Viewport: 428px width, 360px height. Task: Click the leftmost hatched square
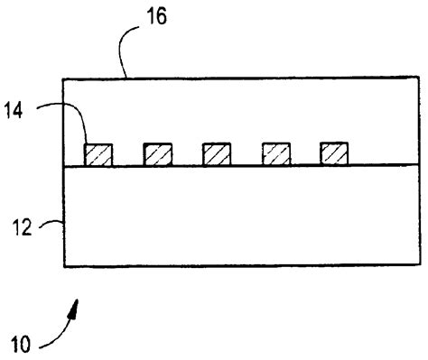click(x=98, y=153)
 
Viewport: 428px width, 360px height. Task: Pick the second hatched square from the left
click(x=158, y=153)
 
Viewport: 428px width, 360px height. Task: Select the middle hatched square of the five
click(x=217, y=153)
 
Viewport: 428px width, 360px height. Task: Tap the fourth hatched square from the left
click(x=275, y=153)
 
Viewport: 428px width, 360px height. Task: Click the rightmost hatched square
click(x=334, y=153)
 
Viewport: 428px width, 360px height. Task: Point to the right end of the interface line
click(x=419, y=165)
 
